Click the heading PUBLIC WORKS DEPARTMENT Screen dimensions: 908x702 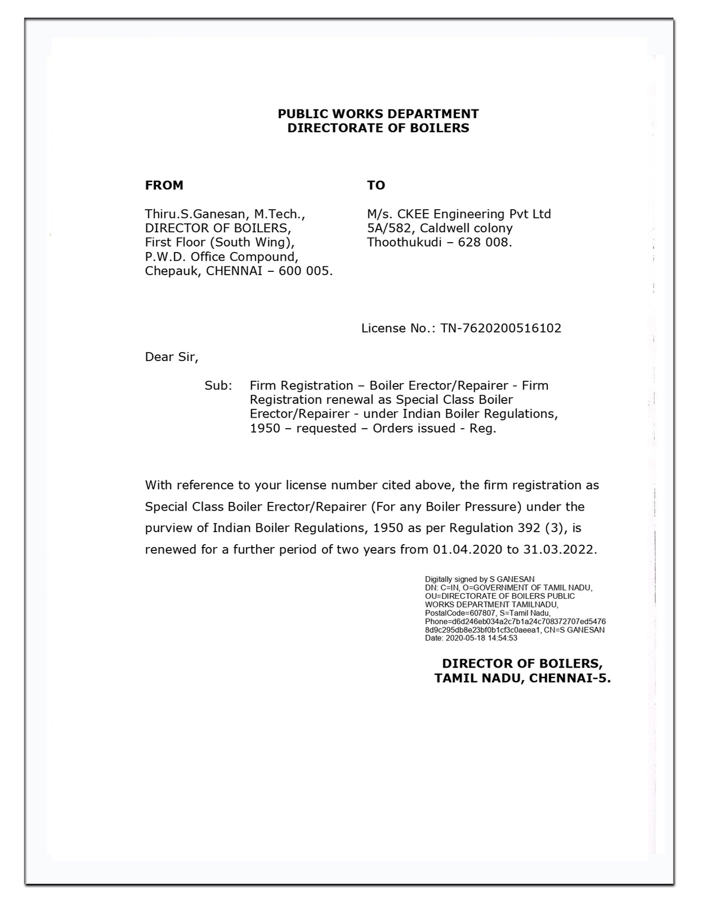tap(378, 114)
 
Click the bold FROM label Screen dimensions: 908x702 tap(164, 185)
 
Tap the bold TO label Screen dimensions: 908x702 tap(376, 185)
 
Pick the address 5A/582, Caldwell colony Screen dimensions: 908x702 tap(439, 228)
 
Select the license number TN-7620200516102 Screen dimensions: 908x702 tap(501, 329)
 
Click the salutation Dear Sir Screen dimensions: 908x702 tap(171, 357)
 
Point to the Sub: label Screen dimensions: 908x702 tap(218, 386)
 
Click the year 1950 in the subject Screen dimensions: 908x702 tap(265, 429)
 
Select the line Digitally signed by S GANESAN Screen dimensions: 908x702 tap(479, 579)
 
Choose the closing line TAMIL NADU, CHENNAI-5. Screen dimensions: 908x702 tap(522, 679)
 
